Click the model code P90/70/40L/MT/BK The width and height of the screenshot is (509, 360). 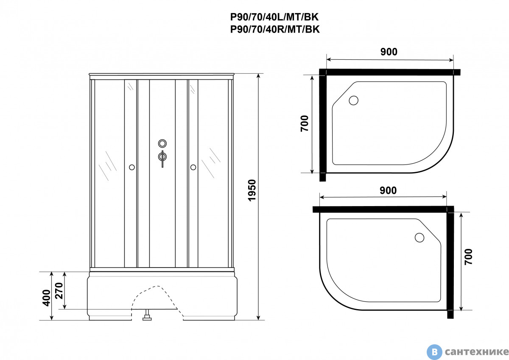click(274, 17)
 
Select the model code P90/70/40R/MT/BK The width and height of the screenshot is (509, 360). click(275, 29)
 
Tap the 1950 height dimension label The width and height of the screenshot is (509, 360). click(252, 190)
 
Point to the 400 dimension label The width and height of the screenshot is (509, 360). click(46, 298)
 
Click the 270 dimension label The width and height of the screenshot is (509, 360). click(59, 291)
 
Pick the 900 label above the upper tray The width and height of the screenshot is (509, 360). click(389, 52)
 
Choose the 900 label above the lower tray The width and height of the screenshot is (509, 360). click(388, 190)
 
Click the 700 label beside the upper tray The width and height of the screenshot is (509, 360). click(305, 123)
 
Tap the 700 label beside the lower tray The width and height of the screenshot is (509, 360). click(468, 257)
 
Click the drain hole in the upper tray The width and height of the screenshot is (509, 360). click(354, 100)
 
